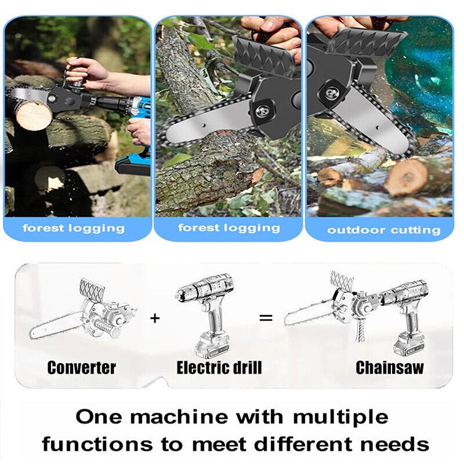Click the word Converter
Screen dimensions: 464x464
tap(81, 367)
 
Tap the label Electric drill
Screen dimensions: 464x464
tap(219, 367)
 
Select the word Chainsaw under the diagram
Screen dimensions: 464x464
tap(389, 367)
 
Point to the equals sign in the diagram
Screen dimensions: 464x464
tap(266, 317)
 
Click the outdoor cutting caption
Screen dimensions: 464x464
tap(383, 230)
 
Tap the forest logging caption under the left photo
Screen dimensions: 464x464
tap(74, 227)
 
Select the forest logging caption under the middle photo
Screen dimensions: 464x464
tap(229, 227)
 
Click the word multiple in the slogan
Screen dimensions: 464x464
tap(341, 416)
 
